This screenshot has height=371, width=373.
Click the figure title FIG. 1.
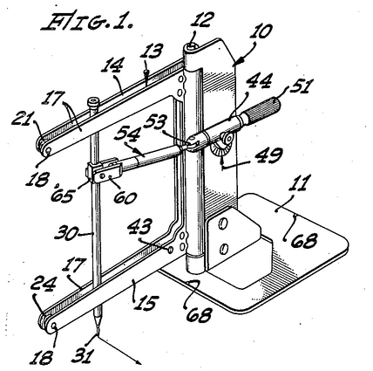click(87, 21)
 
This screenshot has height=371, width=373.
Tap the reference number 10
click(261, 31)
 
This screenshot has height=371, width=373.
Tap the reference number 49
click(268, 155)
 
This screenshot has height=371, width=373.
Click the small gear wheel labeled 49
click(223, 143)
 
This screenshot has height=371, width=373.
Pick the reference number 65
click(62, 195)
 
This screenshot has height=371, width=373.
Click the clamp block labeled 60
click(105, 173)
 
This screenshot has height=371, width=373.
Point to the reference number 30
click(67, 233)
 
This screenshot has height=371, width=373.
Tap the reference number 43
click(140, 227)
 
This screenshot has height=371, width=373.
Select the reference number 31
click(83, 355)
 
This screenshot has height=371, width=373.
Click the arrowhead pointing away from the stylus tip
click(138, 361)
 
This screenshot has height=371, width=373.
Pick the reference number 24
click(43, 284)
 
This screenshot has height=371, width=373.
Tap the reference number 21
click(23, 119)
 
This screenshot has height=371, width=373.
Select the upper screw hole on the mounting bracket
click(224, 223)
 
